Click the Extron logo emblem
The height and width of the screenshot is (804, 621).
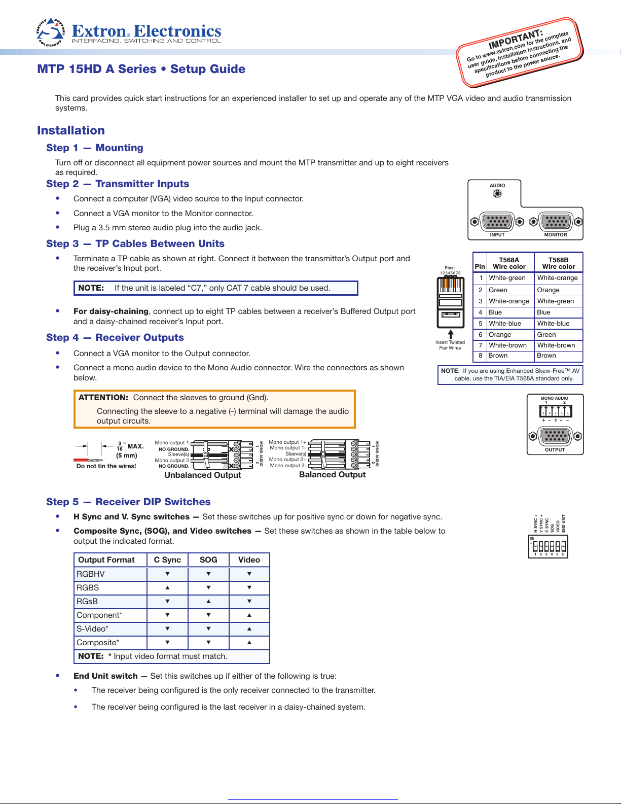[51, 32]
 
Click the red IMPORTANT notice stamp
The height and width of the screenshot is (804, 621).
[520, 52]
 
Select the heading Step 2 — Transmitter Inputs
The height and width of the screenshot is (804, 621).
[118, 184]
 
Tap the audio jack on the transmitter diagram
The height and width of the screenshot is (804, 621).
[497, 194]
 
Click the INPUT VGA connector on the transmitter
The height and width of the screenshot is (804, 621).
[497, 222]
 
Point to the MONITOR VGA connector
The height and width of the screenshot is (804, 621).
[556, 222]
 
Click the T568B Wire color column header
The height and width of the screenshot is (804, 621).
[558, 263]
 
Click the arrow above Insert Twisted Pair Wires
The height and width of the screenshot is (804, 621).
[450, 334]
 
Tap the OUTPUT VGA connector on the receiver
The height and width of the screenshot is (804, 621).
[555, 436]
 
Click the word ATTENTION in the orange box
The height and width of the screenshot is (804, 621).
[103, 398]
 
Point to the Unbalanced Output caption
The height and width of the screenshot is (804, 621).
[203, 475]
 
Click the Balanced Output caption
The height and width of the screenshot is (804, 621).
[332, 475]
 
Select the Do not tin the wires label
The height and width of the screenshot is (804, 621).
[106, 466]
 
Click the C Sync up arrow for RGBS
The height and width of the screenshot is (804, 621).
[167, 588]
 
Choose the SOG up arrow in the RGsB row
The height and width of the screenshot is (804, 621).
[208, 602]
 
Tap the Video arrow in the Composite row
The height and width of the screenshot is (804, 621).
[249, 643]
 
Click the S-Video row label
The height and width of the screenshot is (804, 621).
[92, 629]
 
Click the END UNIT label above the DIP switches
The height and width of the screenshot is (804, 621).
[563, 523]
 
